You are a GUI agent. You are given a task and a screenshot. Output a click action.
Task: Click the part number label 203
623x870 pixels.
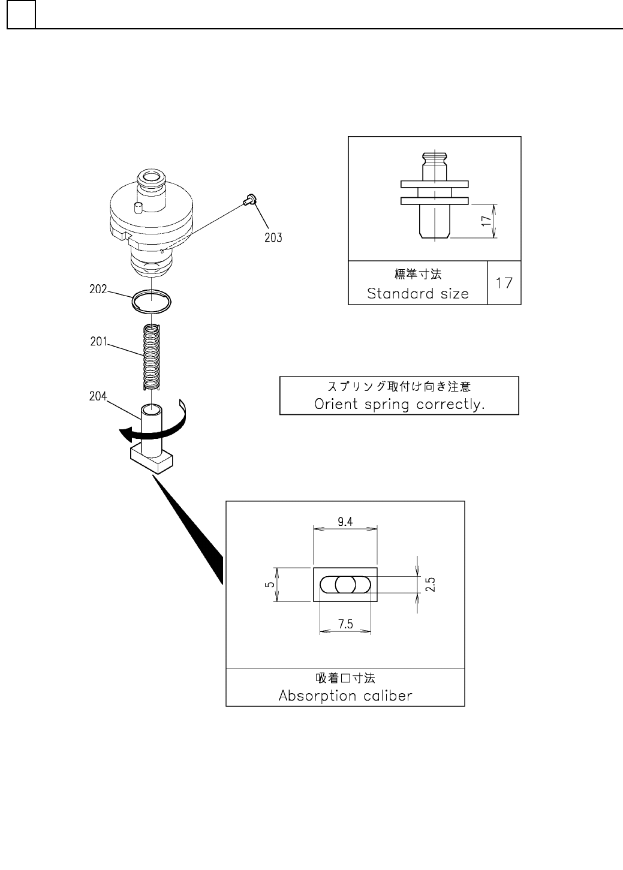point(273,237)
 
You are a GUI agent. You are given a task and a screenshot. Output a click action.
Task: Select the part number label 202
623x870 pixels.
point(98,289)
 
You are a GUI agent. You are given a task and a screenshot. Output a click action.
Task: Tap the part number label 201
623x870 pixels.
point(98,342)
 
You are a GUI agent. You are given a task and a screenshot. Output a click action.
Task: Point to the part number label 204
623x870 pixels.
point(98,396)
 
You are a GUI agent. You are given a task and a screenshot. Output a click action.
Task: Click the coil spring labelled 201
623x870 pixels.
point(152,356)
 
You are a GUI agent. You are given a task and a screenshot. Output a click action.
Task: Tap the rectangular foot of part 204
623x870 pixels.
point(152,460)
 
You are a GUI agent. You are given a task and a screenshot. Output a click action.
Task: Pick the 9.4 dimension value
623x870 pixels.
point(345,522)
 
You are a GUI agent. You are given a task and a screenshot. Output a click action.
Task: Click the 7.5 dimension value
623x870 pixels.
point(345,624)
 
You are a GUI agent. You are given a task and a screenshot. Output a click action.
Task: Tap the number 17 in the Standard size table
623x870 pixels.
point(504,282)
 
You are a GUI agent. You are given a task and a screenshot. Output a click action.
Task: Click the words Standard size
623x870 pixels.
point(417,293)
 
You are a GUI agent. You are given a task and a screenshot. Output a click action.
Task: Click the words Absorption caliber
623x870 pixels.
point(345,696)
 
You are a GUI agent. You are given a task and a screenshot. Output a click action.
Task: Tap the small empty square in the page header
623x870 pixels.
point(21,14)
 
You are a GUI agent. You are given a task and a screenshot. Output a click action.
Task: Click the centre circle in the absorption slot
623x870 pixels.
point(345,585)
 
